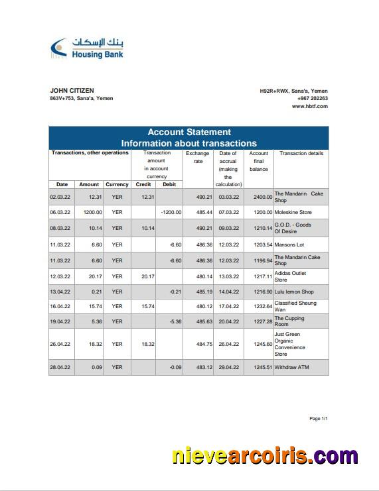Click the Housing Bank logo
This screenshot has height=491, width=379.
point(86,48)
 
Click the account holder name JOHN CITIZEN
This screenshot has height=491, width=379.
point(72,91)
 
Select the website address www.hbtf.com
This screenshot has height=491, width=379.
point(309,106)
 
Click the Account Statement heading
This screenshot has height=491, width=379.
point(189,132)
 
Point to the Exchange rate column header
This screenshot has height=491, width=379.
point(197,157)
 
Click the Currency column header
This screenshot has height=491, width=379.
point(117,184)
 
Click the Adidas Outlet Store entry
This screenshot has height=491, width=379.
point(290,276)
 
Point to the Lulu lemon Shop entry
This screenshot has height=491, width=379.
point(294,292)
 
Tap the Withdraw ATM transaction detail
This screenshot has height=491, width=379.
point(291,367)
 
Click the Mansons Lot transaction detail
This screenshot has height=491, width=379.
point(289,245)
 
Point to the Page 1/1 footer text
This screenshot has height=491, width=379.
point(319,419)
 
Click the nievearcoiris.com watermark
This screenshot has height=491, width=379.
point(265,457)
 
